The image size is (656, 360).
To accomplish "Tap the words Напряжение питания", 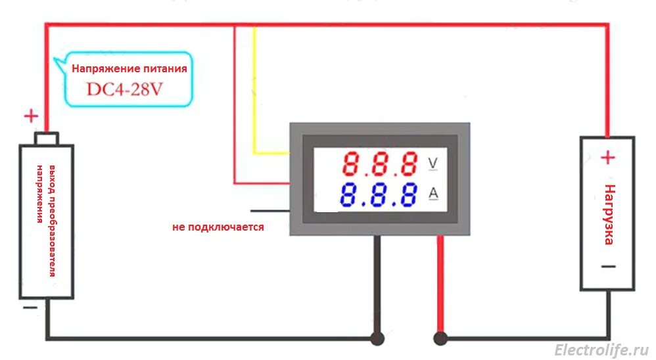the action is [x=129, y=68].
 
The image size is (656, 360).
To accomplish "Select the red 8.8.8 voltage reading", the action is [x=382, y=163].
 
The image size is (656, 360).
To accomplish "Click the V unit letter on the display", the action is [x=433, y=162].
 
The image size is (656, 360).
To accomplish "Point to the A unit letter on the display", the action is [x=433, y=193].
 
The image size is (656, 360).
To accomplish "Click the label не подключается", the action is [x=218, y=227].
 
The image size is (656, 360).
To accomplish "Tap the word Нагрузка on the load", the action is [x=609, y=214].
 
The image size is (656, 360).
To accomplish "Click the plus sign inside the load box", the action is [x=608, y=158].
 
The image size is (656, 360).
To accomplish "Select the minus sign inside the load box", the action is [x=608, y=266].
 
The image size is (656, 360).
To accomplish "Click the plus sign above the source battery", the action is [x=31, y=117].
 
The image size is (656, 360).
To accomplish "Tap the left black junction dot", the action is [x=377, y=338].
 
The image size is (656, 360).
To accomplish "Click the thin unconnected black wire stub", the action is [x=270, y=211].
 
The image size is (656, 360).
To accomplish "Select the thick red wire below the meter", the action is [x=440, y=282].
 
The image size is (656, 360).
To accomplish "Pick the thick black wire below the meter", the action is [x=377, y=282].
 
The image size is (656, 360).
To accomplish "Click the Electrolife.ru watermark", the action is [x=601, y=349].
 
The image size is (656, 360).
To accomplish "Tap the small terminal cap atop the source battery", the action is [x=47, y=139].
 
